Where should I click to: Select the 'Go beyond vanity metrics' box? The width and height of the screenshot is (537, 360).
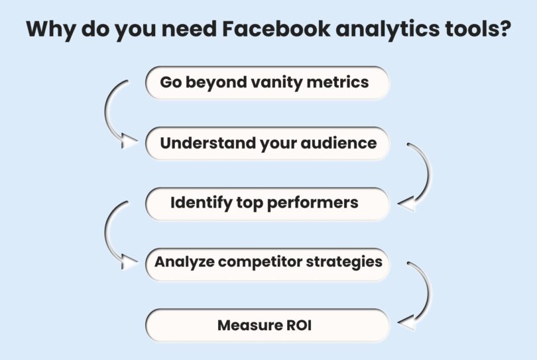[x=267, y=83]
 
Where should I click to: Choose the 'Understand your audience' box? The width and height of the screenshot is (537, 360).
[x=267, y=143]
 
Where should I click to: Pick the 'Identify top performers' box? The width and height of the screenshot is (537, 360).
[x=267, y=203]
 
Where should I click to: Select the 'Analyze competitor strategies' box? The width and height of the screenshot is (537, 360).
[x=267, y=263]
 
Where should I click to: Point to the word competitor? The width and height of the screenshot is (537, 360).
[x=261, y=263]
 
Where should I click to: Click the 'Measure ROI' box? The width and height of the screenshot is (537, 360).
[x=267, y=326]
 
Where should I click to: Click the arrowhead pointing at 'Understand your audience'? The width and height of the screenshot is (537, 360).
[x=130, y=141]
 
